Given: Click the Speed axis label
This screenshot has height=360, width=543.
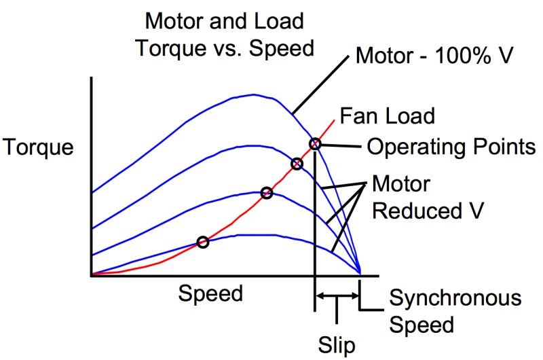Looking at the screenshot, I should pyautogui.click(x=210, y=293).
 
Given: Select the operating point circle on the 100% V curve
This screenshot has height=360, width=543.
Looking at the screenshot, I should pyautogui.click(x=315, y=143).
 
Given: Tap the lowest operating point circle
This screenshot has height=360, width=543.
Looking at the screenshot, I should pyautogui.click(x=202, y=242).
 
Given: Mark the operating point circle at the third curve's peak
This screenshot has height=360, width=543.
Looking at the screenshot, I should pyautogui.click(x=267, y=193).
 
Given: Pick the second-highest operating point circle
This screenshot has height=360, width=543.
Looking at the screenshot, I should pyautogui.click(x=297, y=164).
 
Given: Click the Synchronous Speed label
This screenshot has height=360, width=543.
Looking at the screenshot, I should pyautogui.click(x=455, y=310).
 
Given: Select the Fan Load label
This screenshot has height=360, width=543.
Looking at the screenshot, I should pyautogui.click(x=387, y=115).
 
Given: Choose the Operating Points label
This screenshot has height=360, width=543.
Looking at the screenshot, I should pyautogui.click(x=451, y=146).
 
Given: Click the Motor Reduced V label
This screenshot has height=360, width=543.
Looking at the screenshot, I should pyautogui.click(x=428, y=197).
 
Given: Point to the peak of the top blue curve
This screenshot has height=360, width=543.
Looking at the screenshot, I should pyautogui.click(x=255, y=94).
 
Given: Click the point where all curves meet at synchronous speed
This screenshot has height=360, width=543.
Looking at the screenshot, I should pyautogui.click(x=360, y=274).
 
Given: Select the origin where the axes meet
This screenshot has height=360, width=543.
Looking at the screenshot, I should pyautogui.click(x=91, y=275).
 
